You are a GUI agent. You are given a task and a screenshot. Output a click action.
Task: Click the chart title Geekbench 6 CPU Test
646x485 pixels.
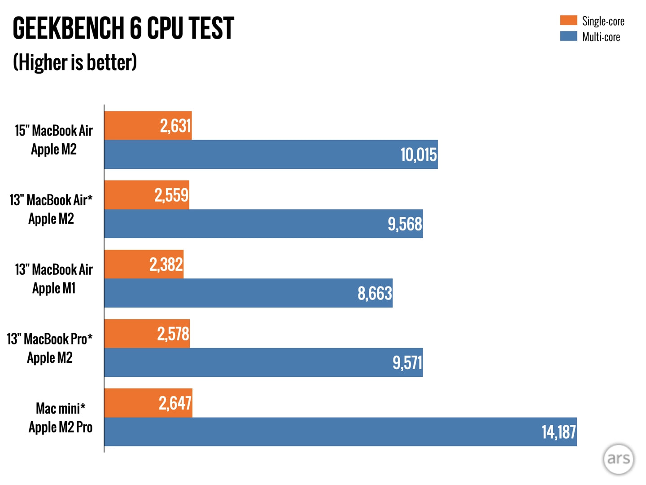tap(123, 28)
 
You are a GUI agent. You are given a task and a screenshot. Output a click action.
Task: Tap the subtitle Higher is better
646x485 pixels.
tap(75, 62)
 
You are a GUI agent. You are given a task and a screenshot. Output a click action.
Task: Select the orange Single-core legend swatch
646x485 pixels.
tap(568, 20)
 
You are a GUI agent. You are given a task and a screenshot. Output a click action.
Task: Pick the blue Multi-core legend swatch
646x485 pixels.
tap(568, 36)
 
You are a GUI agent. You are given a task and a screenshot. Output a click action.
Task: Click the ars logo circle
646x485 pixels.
tap(618, 459)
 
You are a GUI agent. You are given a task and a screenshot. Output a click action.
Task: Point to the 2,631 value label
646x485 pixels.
tap(175, 126)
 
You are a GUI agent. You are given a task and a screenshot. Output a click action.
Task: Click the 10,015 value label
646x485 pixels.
tap(418, 155)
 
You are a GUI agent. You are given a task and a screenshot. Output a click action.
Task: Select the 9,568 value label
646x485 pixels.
tap(405, 224)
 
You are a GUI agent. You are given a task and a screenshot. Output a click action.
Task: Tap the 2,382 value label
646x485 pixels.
tap(166, 265)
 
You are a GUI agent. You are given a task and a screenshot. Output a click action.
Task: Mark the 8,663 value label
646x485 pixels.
tap(375, 294)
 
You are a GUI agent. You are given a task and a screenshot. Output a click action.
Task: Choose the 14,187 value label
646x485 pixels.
tap(559, 432)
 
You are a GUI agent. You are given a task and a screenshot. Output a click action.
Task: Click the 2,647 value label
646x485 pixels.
tap(175, 403)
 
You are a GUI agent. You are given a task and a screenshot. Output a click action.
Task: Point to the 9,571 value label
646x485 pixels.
tap(407, 363)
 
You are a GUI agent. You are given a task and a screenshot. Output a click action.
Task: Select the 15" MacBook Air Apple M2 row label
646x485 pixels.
tap(54, 140)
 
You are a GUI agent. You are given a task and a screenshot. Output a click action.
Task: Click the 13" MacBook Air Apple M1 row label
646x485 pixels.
tap(54, 278)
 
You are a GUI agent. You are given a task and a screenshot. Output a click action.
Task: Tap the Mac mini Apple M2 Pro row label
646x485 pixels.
tap(60, 418)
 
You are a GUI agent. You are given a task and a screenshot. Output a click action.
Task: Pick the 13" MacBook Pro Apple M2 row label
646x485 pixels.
tap(50, 348)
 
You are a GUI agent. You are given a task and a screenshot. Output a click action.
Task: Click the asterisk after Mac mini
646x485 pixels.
tap(83, 406)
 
